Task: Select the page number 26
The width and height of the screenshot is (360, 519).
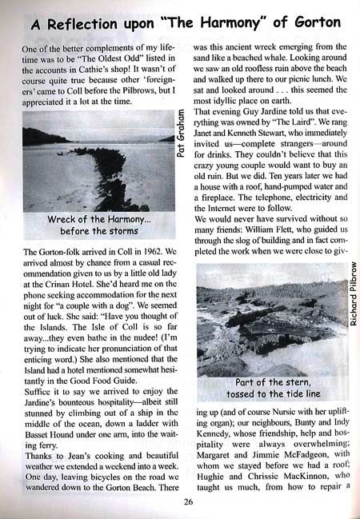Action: tap(188, 502)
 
